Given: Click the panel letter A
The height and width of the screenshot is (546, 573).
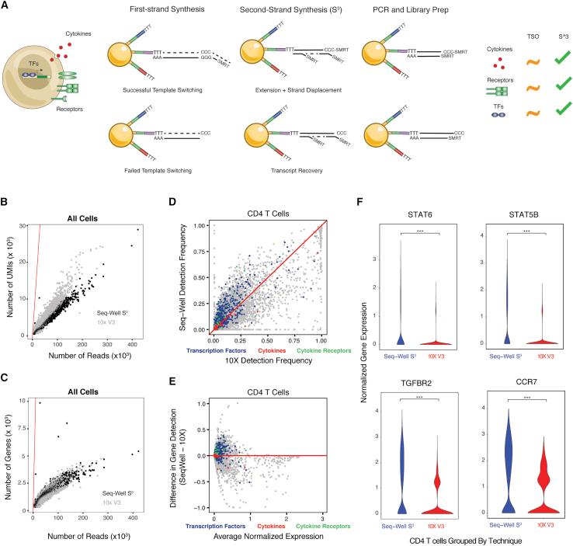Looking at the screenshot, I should pyautogui.click(x=6, y=7).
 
